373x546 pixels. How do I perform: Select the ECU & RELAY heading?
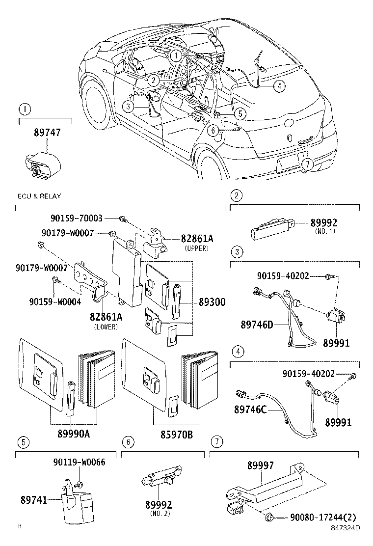point(39,196)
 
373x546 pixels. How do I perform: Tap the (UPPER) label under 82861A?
point(196,248)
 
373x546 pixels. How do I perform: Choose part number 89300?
point(212,302)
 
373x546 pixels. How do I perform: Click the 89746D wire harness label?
point(257,324)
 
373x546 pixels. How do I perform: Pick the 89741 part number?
point(34,500)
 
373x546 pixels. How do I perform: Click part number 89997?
point(260,465)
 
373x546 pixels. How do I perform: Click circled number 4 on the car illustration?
point(278,86)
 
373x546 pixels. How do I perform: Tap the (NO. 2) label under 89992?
point(159,515)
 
